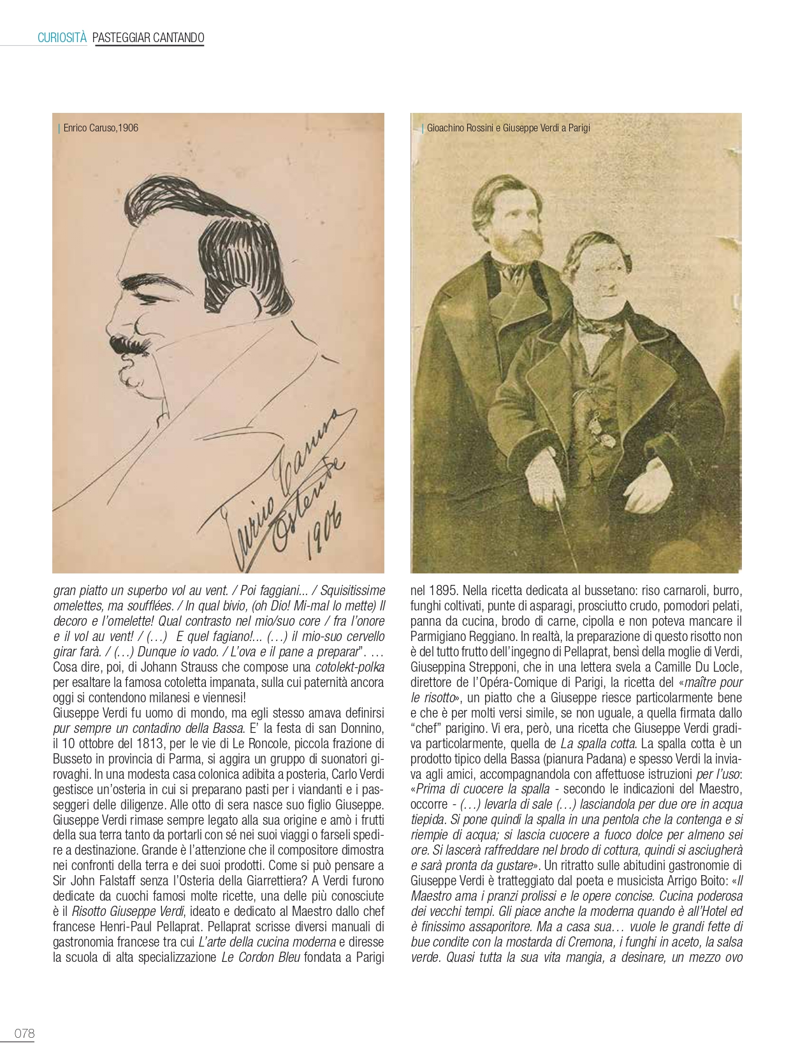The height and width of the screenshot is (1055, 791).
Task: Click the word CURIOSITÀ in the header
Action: coord(62,38)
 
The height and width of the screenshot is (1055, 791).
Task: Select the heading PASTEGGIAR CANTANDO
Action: coord(148,38)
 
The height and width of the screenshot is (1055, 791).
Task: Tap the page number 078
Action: coord(24,1033)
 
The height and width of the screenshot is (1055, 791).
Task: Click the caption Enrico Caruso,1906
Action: coord(101,128)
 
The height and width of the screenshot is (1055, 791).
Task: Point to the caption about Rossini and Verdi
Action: coord(508,128)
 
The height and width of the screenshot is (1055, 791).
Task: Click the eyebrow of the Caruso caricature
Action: coord(143,281)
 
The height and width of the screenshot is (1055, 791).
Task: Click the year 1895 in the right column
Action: coord(442,591)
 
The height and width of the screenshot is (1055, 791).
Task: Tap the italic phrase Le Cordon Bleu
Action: coord(261,957)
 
